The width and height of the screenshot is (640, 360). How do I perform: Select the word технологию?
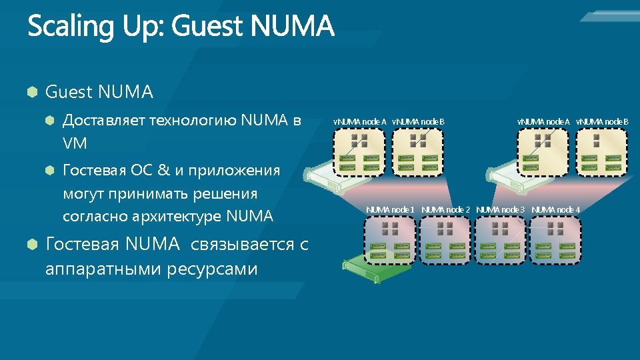click(x=193, y=121)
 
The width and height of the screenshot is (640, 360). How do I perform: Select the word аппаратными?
click(x=94, y=269)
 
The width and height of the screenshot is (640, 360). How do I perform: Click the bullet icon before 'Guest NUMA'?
click(x=31, y=92)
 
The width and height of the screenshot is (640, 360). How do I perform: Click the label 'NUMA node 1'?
click(x=390, y=210)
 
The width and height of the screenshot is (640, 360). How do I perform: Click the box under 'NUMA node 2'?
click(x=445, y=240)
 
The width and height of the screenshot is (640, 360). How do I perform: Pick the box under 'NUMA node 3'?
click(x=500, y=240)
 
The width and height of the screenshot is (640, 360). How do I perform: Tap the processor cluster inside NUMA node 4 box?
click(x=555, y=229)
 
